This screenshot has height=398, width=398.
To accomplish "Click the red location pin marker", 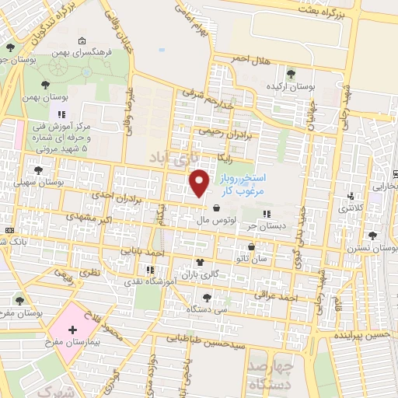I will (201, 183).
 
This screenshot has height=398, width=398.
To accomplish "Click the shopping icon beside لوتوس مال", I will (215, 207).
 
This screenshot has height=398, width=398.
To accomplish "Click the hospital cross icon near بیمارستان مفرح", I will (72, 340).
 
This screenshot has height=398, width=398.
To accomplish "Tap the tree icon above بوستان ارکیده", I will (291, 75).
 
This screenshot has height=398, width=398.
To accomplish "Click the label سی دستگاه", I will (206, 308).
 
